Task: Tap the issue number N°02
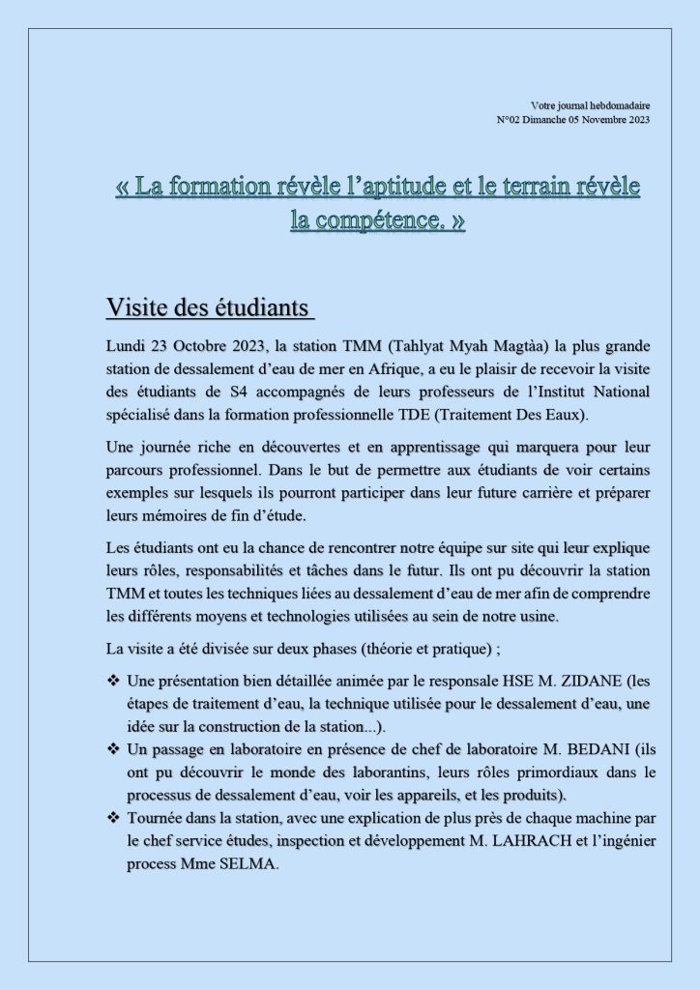(509, 120)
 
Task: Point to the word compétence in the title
(365, 220)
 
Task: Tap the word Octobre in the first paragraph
(198, 345)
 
